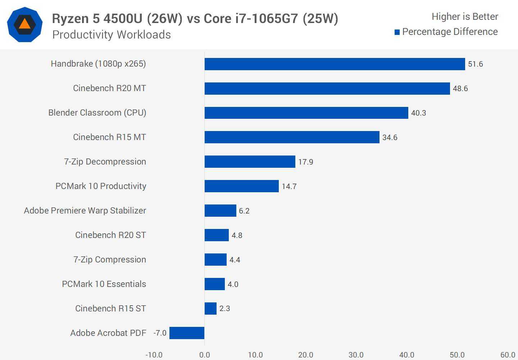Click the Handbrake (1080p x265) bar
point(335,64)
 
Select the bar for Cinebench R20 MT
point(327,89)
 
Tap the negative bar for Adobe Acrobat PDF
point(187,333)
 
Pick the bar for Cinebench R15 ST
point(210,309)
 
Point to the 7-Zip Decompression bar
point(250,162)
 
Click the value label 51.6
point(475,64)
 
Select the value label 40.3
point(418,113)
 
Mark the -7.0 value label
point(160,333)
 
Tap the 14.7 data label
point(289,186)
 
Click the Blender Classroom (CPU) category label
point(97,113)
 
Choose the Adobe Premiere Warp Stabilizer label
point(85,211)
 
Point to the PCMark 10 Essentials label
point(104,284)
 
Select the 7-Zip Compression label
point(110,260)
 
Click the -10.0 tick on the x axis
point(154,355)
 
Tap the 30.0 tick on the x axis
point(356,355)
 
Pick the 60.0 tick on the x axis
point(508,355)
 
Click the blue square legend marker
point(397,32)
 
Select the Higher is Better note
point(465,17)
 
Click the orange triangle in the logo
point(24,24)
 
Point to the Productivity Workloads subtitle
point(112,35)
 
